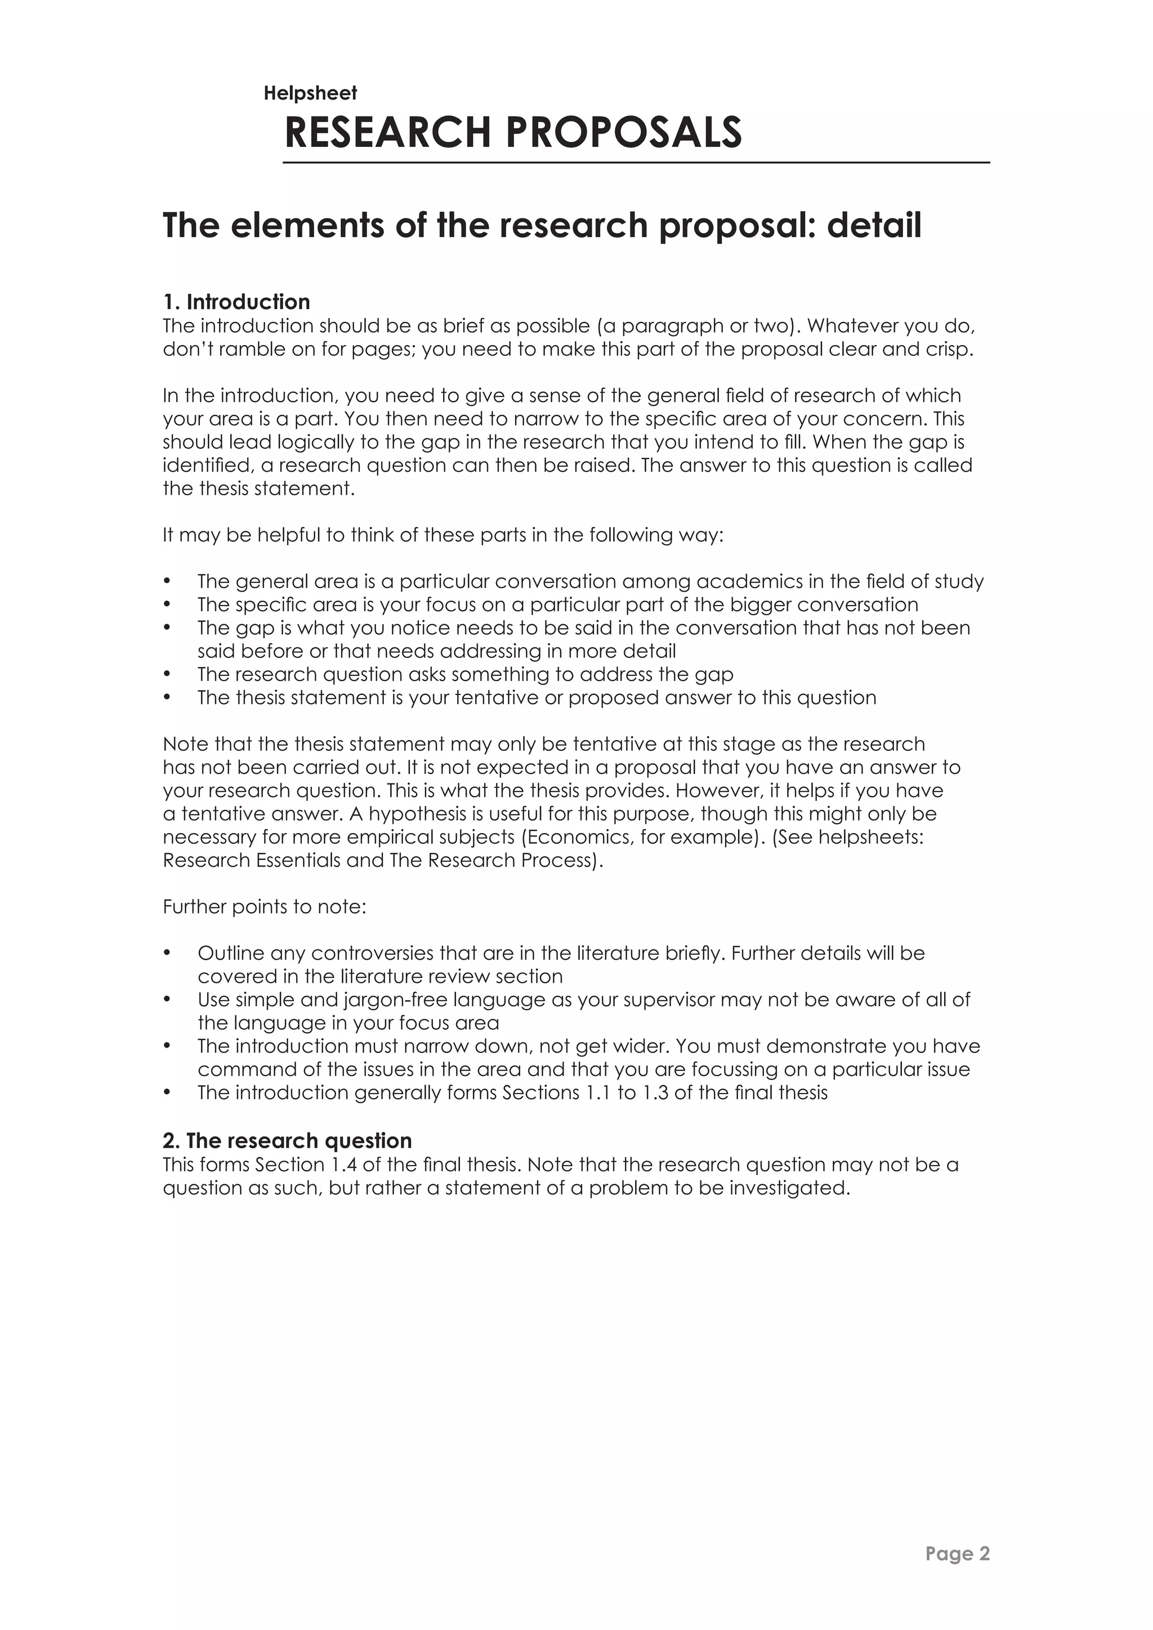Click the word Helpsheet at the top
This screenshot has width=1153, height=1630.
(310, 93)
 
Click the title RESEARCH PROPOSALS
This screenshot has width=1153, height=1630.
(513, 133)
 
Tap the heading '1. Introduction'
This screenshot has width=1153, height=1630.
(236, 302)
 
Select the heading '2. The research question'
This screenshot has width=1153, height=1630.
(287, 1140)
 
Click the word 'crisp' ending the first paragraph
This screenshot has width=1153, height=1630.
(948, 350)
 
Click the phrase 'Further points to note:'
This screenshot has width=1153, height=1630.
(264, 907)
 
